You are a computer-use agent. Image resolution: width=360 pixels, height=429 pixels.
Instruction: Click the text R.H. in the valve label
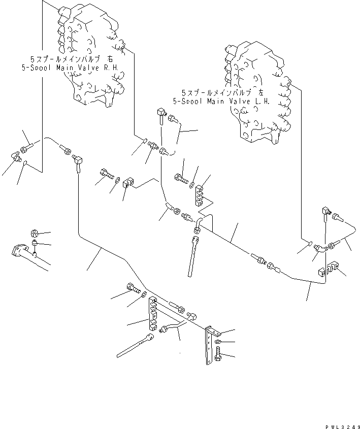pos(111,68)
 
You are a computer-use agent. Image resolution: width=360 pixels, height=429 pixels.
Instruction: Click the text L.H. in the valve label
pos(263,101)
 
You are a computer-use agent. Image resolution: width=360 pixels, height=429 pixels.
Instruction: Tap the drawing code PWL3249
pos(343,426)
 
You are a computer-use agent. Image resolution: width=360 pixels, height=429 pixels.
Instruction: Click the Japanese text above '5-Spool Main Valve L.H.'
pos(222,92)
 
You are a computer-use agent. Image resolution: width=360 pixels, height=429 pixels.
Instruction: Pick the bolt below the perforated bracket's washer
pos(218,353)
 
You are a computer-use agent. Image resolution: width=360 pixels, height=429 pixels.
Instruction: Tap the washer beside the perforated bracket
pos(218,342)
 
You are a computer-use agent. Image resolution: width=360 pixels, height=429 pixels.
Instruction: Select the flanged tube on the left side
pos(29,256)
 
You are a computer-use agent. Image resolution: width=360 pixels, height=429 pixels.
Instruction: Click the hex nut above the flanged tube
pos(34,234)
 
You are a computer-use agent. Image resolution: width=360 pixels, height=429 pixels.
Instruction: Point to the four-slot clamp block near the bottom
pos(152,314)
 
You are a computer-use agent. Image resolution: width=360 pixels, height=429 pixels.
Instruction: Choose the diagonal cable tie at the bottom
pos(135,345)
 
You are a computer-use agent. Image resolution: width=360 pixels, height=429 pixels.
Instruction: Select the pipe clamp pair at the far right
pos(329,269)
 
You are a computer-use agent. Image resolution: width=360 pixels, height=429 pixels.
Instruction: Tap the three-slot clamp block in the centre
pos(199,195)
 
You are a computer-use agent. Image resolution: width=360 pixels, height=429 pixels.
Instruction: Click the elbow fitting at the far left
pos(16,157)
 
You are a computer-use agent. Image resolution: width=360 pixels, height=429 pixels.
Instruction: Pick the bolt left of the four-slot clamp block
pos(134,289)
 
